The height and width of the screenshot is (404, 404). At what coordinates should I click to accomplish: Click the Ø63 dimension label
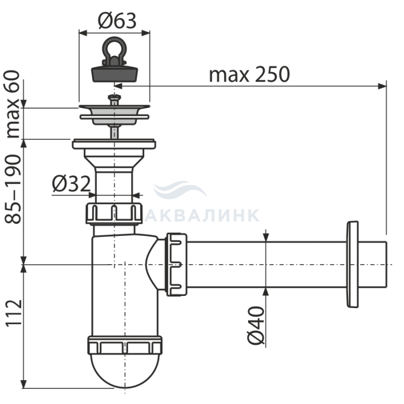(117, 21)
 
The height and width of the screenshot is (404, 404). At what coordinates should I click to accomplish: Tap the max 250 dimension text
(249, 75)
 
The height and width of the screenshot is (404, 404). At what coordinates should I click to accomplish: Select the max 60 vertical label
(13, 104)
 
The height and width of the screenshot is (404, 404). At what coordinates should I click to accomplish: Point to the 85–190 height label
(13, 189)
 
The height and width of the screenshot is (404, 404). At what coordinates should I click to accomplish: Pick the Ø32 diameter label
(72, 184)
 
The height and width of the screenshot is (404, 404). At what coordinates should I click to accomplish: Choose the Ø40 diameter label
(256, 325)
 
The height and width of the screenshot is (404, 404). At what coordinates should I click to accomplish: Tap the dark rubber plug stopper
(114, 73)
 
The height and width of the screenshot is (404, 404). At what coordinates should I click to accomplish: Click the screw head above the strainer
(114, 97)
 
